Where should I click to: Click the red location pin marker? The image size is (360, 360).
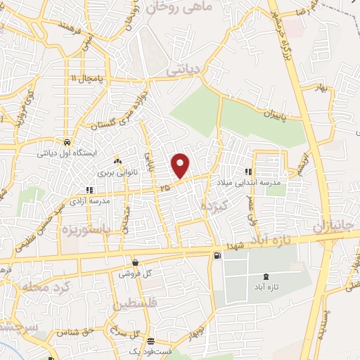[x=181, y=166]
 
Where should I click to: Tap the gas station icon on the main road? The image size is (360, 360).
[x=216, y=255]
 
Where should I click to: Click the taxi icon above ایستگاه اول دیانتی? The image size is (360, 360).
[x=65, y=139]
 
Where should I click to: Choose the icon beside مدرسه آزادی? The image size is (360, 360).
[x=89, y=190]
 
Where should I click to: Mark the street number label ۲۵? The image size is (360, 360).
[x=165, y=188]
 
